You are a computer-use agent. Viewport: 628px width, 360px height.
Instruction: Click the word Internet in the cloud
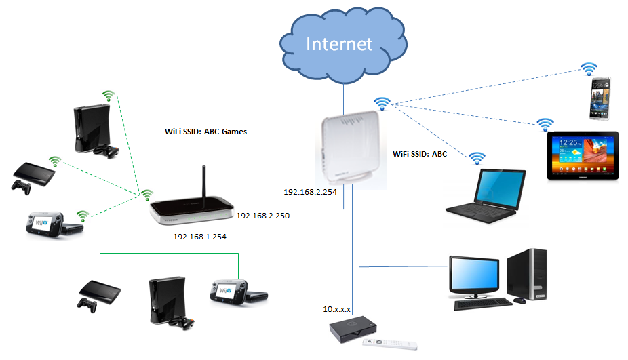339,43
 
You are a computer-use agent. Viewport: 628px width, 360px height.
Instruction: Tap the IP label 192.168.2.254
310,192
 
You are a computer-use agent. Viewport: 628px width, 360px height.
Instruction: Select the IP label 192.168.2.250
262,216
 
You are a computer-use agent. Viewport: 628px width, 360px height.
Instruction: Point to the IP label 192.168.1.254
199,237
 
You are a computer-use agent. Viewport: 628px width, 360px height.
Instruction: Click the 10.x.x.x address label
336,309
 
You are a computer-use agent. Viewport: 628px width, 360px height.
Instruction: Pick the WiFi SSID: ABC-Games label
206,132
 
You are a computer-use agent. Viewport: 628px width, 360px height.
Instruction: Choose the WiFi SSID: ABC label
420,154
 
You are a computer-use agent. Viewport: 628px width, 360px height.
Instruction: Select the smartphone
600,98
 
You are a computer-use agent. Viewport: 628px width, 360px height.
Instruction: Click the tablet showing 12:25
583,155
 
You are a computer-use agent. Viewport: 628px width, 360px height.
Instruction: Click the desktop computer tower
527,275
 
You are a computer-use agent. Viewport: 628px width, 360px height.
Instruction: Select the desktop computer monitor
474,277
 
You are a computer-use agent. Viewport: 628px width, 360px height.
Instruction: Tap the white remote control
390,344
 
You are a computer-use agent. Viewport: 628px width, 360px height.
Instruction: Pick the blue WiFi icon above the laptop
477,158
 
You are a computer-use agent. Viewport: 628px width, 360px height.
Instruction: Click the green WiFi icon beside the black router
147,195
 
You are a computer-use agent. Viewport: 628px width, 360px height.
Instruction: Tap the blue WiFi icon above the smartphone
589,69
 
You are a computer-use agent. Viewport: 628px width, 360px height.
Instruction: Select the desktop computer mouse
519,300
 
